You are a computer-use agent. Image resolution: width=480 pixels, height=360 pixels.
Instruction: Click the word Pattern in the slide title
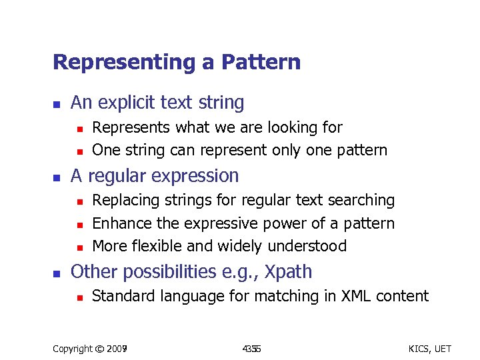point(261,63)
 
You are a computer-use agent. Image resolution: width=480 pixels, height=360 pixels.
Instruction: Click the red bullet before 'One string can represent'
point(79,151)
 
